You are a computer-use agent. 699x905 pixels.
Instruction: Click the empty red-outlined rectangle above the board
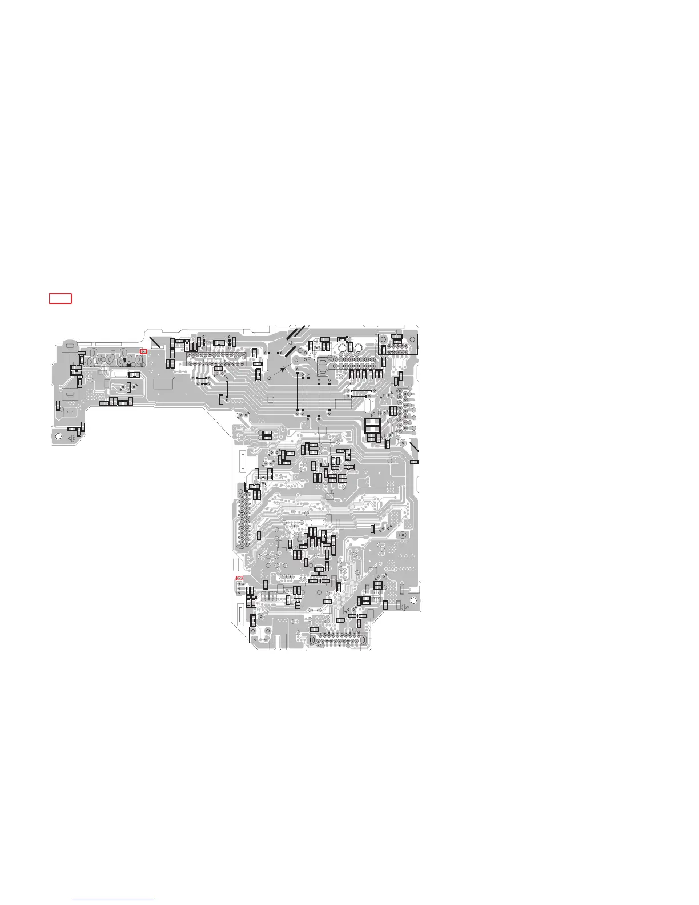(x=60, y=298)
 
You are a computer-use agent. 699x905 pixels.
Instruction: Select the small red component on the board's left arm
(x=143, y=352)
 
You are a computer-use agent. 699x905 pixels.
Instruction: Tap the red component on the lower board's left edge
(x=240, y=579)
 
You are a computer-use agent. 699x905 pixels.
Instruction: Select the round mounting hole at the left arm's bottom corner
(x=58, y=435)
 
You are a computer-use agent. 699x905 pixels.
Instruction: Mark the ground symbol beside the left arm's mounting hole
(x=71, y=438)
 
